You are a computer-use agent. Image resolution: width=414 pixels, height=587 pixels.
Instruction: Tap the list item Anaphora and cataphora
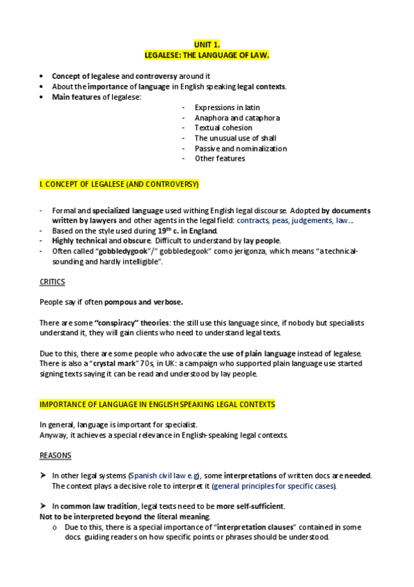[237, 118]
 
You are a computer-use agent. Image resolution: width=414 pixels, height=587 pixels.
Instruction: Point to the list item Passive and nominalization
[241, 148]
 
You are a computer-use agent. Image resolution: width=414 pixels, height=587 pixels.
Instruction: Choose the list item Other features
[220, 159]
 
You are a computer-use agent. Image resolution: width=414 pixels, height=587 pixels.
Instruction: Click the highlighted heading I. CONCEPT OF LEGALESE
[120, 184]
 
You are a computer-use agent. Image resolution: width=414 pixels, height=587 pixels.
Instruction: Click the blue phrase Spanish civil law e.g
[160, 476]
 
